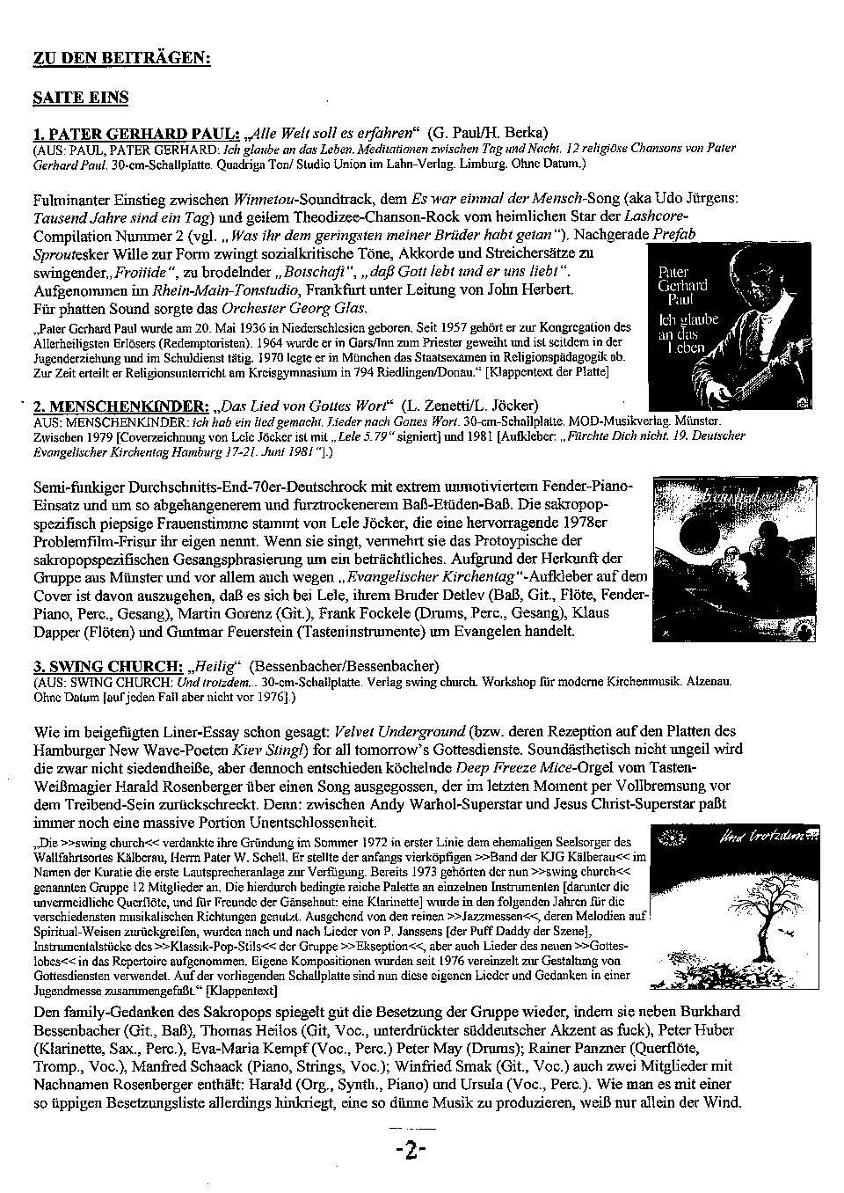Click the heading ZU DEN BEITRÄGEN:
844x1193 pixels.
coord(121,58)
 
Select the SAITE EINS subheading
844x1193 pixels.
coord(81,98)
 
